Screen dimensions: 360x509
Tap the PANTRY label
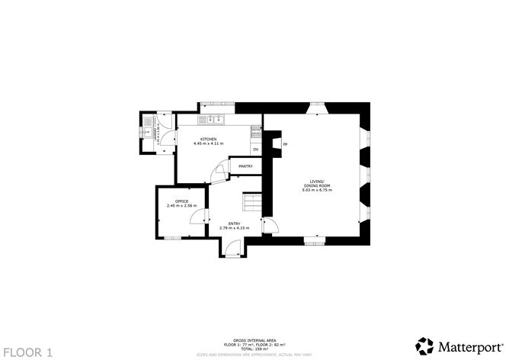[x=245, y=166]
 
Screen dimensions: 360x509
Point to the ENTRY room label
[x=235, y=223]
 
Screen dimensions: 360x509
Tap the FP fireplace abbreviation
[x=285, y=144]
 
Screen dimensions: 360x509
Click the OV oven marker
[x=256, y=149]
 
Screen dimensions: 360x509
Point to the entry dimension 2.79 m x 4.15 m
[x=235, y=229]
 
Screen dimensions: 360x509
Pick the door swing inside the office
[x=196, y=217]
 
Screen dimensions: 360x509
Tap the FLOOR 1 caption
[x=28, y=352]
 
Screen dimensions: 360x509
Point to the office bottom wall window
[x=174, y=238]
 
